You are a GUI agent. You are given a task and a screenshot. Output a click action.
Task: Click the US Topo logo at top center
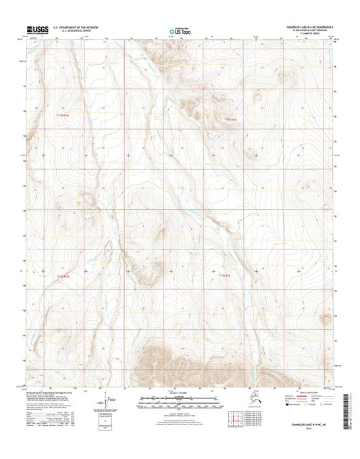tap(180, 30)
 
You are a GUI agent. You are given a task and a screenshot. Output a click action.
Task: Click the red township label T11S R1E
tap(232, 120)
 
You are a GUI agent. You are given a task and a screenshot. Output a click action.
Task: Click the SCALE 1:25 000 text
tap(180, 393)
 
